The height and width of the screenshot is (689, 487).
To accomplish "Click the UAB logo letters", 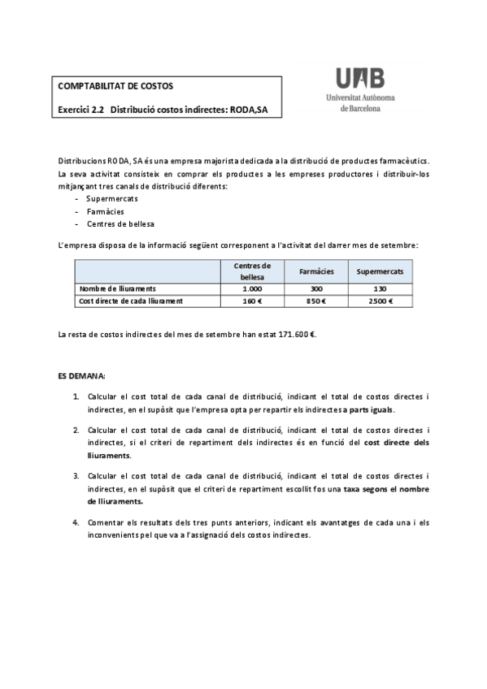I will pyautogui.click(x=359, y=79).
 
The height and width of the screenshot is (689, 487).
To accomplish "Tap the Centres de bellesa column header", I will pyautogui.click(x=252, y=271).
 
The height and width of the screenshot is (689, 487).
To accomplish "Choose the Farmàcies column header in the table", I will pyautogui.click(x=316, y=271).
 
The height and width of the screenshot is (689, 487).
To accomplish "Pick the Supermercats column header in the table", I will pyautogui.click(x=380, y=271).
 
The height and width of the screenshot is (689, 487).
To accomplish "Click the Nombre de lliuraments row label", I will pyautogui.click(x=117, y=288).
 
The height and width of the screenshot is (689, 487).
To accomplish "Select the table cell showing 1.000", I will pyautogui.click(x=252, y=288).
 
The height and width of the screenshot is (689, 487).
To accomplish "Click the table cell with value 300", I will pyautogui.click(x=316, y=288).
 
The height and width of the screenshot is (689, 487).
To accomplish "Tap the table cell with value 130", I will pyautogui.click(x=380, y=288).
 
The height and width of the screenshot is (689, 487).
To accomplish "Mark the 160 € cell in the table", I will pyautogui.click(x=252, y=301).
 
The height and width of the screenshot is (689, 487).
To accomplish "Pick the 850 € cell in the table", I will pyautogui.click(x=316, y=301).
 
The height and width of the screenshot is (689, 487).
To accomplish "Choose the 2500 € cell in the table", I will pyautogui.click(x=380, y=301).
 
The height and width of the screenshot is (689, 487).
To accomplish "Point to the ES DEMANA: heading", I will pyautogui.click(x=81, y=377).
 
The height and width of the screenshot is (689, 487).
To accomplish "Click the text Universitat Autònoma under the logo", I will pyautogui.click(x=359, y=97).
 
